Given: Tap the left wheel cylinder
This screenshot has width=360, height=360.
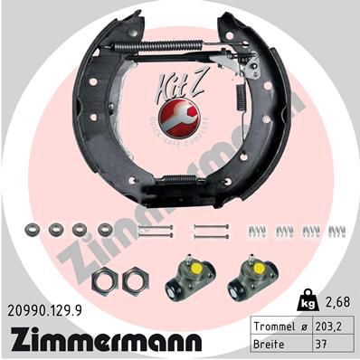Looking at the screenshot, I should tap(186, 279).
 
